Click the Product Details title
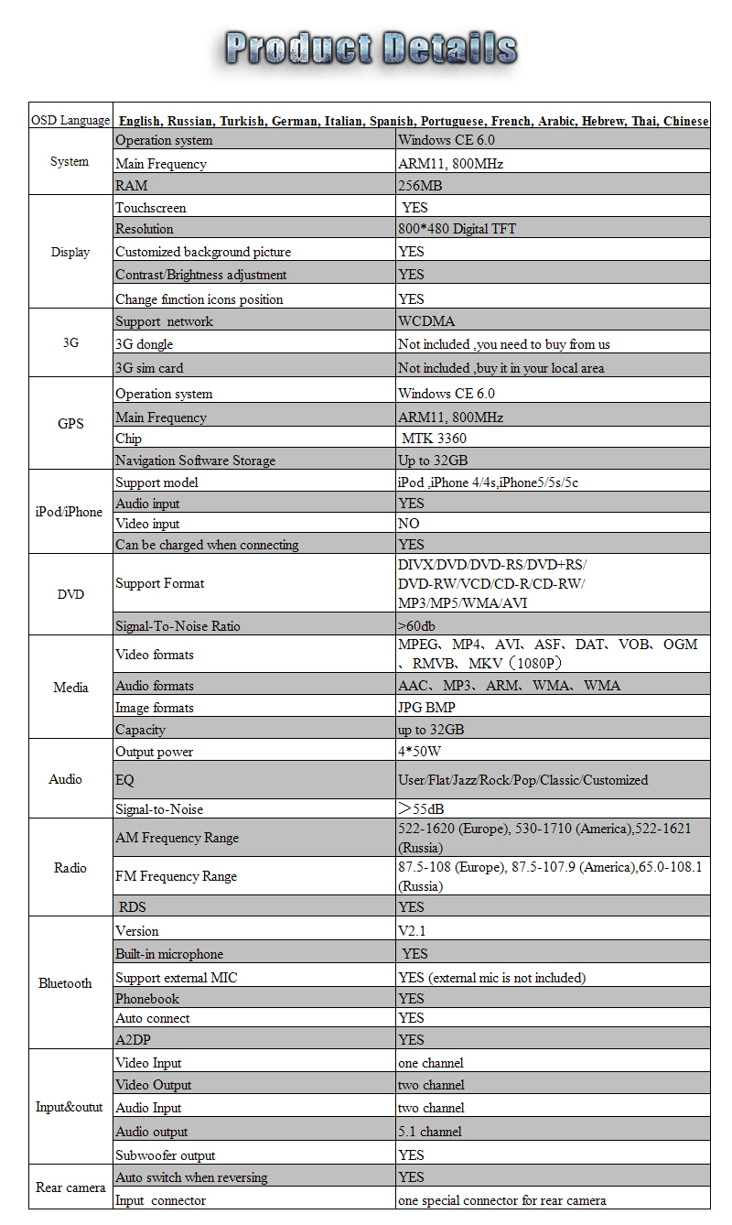(x=370, y=48)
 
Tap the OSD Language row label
(x=70, y=121)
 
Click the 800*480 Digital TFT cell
(x=457, y=229)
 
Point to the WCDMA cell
(x=426, y=321)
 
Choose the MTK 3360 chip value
(x=434, y=439)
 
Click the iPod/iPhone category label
(x=70, y=512)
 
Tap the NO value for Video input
(x=409, y=524)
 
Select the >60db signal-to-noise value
(x=416, y=626)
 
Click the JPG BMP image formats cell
(x=426, y=708)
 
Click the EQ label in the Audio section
(x=124, y=780)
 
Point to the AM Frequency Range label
(x=177, y=838)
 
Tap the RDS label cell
(x=132, y=907)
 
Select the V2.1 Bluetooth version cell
(x=412, y=931)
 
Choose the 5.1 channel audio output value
(x=430, y=1132)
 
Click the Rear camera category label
(x=70, y=1187)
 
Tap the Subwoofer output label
(x=166, y=1155)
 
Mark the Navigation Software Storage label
(x=195, y=461)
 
